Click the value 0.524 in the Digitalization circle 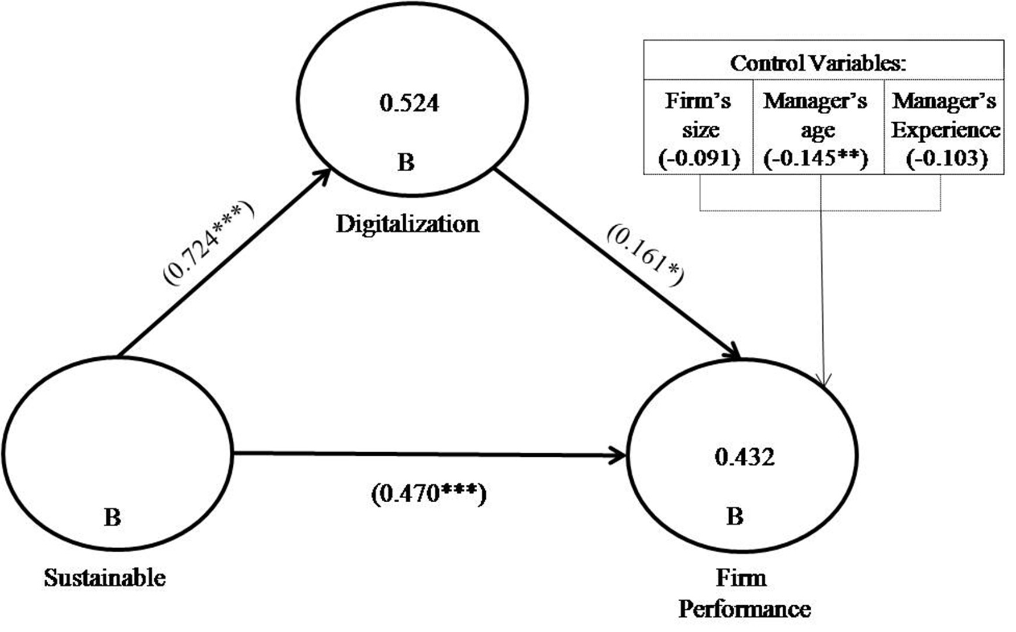click(x=409, y=104)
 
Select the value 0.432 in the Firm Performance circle click(x=745, y=457)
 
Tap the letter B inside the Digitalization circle click(x=406, y=162)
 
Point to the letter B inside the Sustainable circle click(x=112, y=517)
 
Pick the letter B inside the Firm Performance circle click(x=734, y=516)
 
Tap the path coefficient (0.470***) click(x=428, y=494)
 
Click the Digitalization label click(x=407, y=224)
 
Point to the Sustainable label click(x=105, y=578)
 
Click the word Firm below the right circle click(x=741, y=578)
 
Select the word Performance click(x=744, y=609)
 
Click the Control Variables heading click(x=818, y=63)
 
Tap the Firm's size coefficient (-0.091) click(x=699, y=158)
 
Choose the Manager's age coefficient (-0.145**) click(x=816, y=158)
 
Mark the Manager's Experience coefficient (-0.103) click(x=947, y=158)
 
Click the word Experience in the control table click(x=946, y=130)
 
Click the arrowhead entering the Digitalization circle click(x=325, y=174)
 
